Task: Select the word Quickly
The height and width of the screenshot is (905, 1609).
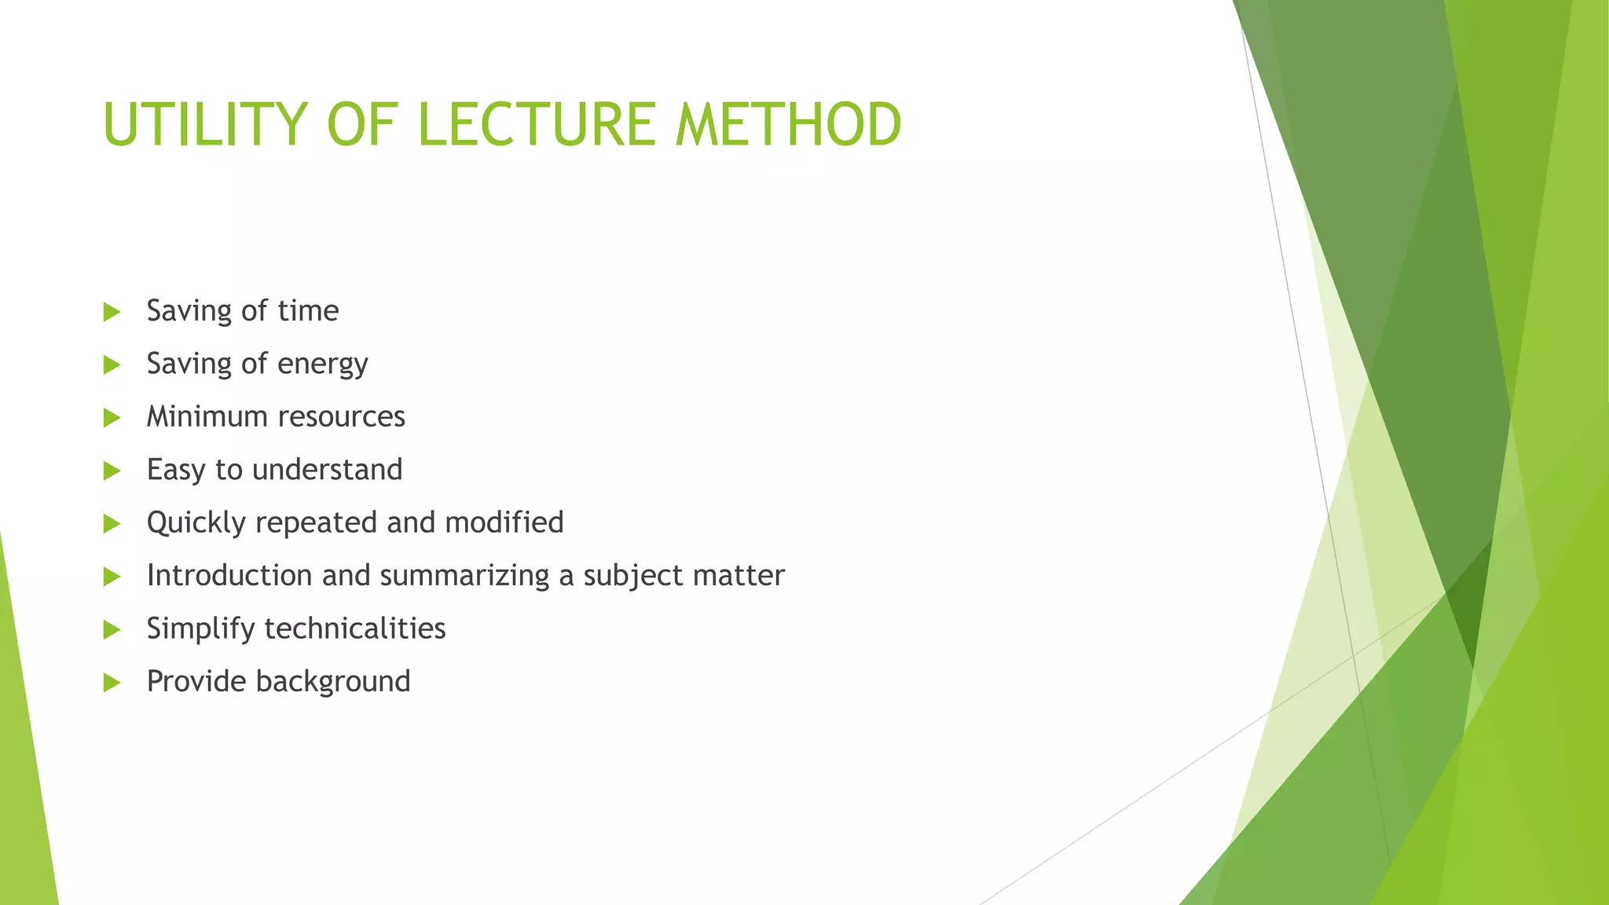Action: point(196,523)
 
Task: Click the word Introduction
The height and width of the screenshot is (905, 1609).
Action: point(229,575)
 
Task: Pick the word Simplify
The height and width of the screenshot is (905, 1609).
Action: point(200,629)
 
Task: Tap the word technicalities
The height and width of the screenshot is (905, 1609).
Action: point(355,628)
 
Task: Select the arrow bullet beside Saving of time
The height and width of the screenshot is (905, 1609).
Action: point(112,312)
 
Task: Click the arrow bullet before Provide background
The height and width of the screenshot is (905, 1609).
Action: point(112,682)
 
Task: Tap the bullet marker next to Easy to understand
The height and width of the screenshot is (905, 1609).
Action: point(112,471)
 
